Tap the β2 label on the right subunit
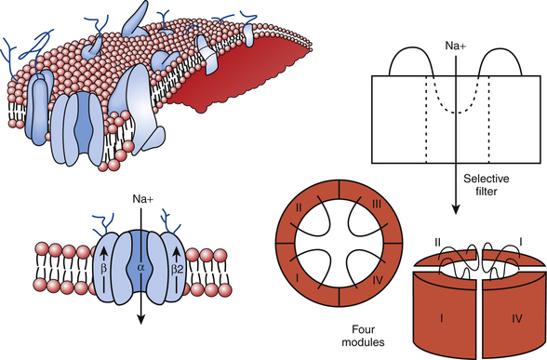(177, 270)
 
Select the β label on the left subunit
(103, 269)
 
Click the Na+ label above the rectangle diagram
(455, 46)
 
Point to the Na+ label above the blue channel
(142, 199)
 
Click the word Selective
(487, 179)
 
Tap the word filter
(487, 192)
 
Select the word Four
(363, 329)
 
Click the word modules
(363, 342)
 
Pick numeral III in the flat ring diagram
(376, 204)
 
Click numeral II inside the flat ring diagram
(299, 208)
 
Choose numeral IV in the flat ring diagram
(378, 280)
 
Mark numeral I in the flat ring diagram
(297, 277)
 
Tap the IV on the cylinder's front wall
(516, 318)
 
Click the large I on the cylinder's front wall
(442, 318)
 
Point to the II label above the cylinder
(438, 242)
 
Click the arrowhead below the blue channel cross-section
(140, 320)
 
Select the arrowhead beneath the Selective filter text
(455, 209)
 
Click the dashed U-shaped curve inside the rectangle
(456, 101)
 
